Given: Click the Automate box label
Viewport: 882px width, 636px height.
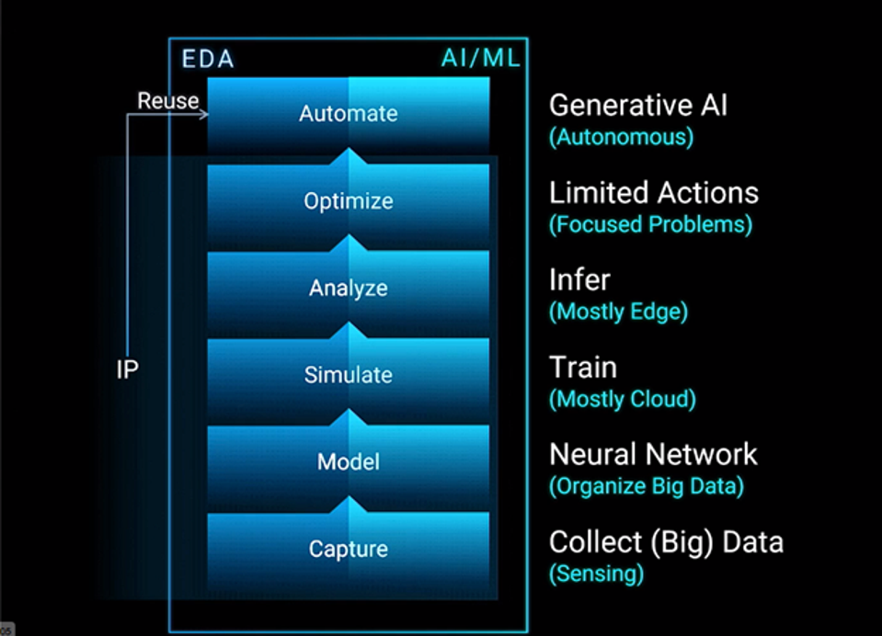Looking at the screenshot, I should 348,114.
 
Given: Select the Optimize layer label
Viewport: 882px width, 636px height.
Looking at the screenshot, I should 348,200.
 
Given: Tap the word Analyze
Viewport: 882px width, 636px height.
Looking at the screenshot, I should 348,288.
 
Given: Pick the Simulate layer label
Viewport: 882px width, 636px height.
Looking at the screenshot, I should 348,375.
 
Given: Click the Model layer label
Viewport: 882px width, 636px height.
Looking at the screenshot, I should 348,461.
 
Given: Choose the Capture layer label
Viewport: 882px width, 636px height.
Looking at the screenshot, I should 348,549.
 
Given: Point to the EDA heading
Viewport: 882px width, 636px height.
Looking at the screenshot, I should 207,60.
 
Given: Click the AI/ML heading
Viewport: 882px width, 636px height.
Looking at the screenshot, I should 480,59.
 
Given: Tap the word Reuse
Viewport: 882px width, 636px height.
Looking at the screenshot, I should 167,101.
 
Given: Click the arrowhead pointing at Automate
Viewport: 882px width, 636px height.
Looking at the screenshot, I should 202,114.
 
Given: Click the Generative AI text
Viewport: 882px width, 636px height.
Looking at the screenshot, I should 637,106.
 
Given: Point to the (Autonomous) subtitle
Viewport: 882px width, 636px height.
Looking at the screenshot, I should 621,138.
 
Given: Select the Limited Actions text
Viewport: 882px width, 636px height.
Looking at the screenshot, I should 653,193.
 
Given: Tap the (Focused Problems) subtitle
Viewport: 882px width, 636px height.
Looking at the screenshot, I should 650,224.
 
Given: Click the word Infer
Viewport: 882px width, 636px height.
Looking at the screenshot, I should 579,279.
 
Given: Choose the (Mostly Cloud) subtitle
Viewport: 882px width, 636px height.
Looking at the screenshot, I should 622,399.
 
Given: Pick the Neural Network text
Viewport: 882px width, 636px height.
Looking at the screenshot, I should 653,454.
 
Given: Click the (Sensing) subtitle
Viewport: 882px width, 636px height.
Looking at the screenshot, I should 596,574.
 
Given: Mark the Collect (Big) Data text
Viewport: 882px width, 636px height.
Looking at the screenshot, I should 666,541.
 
